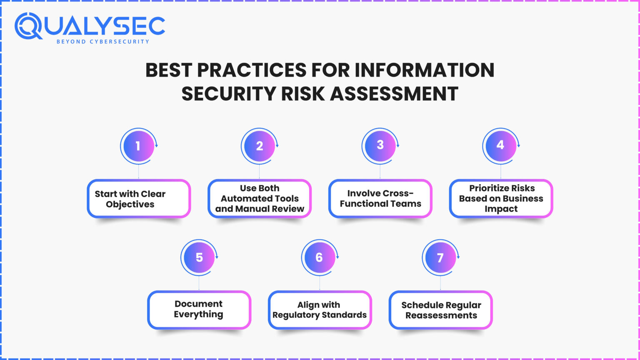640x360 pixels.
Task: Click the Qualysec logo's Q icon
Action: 28,26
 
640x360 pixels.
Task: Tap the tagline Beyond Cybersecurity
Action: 102,42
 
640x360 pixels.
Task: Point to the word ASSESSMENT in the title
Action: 395,93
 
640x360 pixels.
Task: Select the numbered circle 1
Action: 138,146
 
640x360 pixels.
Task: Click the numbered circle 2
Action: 259,146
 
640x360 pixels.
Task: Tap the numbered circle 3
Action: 380,145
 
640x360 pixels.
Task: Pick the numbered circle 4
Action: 500,145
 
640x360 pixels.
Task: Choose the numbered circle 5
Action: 199,257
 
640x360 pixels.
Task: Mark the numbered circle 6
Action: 319,257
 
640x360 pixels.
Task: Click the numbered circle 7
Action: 440,258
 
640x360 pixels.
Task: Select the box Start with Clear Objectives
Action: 139,199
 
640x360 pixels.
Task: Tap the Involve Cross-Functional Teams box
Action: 380,198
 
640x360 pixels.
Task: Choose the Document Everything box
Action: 199,310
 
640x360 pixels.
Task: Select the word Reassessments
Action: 441,315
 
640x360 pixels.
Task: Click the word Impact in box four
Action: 501,209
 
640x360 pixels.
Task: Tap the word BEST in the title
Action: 168,70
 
